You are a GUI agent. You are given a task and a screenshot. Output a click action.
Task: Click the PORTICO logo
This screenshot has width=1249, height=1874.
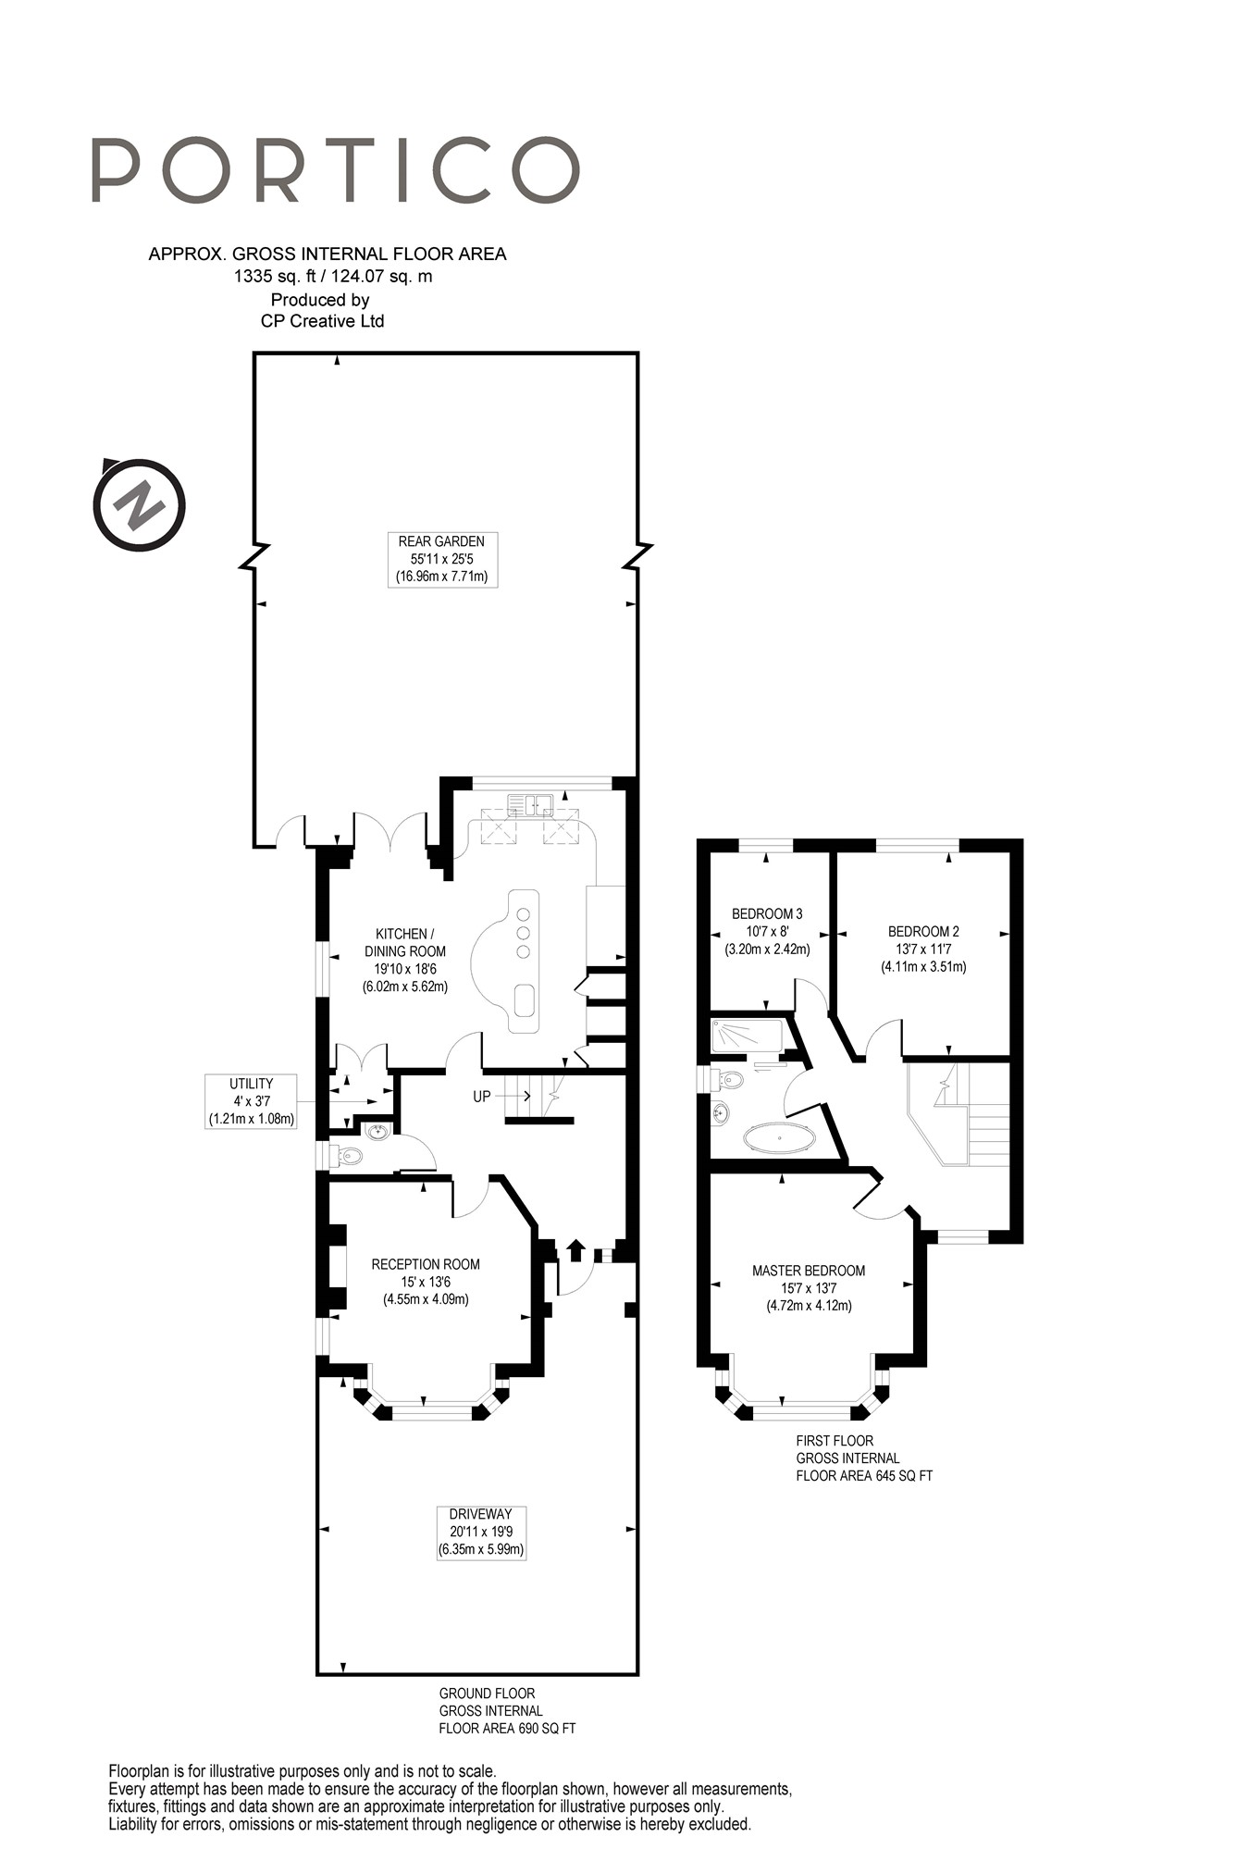coord(336,170)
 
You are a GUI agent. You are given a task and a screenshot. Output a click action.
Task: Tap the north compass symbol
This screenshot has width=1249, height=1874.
coord(140,505)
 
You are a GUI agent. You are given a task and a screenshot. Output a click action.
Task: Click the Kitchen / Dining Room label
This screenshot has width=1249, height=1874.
coord(405,960)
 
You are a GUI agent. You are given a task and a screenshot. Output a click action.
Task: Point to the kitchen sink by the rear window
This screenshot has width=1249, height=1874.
coord(531,804)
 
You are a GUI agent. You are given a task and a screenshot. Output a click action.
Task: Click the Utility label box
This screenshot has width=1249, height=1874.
coord(252,1101)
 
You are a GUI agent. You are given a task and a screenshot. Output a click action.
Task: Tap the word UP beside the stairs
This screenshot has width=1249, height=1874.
coord(482,1097)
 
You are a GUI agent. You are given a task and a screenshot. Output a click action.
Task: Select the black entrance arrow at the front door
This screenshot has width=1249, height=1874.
coord(575,1249)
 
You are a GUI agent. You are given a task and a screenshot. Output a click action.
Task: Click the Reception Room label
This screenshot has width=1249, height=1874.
coord(426,1282)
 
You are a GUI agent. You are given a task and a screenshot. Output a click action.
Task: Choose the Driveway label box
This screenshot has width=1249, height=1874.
coord(481,1533)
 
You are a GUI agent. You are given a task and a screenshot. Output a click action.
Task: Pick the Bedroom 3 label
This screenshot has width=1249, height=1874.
coord(767,931)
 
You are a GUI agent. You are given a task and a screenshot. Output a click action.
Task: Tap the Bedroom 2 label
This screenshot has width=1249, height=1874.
coord(923,949)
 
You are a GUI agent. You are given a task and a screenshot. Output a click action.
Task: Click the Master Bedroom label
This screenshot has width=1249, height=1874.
coord(809,1288)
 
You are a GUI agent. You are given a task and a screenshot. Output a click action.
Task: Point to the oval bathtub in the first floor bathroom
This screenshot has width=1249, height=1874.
coord(780,1137)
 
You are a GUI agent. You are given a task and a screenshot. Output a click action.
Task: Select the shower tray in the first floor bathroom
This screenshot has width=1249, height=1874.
coord(746,1036)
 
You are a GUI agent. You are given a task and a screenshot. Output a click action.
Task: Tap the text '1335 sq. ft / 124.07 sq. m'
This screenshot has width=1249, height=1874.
coord(333,276)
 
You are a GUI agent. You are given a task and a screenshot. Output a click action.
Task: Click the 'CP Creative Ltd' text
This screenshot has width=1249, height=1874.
coord(322,321)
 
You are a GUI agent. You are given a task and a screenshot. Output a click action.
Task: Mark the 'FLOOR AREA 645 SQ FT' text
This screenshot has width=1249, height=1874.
coord(864,1475)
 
